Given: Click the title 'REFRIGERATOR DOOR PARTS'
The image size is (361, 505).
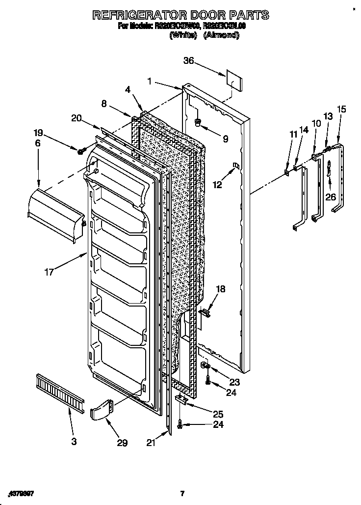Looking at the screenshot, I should (x=180, y=15).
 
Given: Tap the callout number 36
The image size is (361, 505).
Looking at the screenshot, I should (x=189, y=61).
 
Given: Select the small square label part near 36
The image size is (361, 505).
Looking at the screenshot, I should (x=233, y=80).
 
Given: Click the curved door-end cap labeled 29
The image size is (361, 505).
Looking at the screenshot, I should (x=102, y=410).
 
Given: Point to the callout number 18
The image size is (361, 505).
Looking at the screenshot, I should (x=221, y=289).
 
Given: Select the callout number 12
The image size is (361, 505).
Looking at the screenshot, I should (x=217, y=185).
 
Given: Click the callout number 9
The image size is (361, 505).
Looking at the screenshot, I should (x=225, y=139).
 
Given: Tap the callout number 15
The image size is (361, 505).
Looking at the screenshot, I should (x=341, y=109).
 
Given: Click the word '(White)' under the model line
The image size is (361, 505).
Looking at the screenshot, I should (x=182, y=35).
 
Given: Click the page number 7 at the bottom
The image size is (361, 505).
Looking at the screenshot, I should (x=182, y=493).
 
